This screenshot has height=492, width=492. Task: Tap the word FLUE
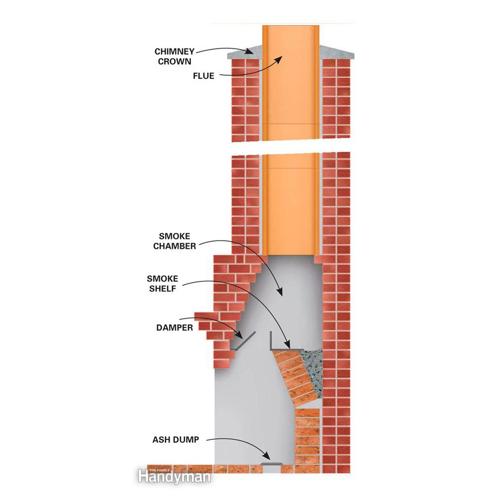pyautogui.click(x=203, y=76)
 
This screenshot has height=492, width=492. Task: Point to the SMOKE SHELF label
pyautogui.click(x=162, y=284)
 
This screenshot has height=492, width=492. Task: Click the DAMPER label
pyautogui.click(x=174, y=328)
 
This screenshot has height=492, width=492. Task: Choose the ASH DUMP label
pyautogui.click(x=175, y=440)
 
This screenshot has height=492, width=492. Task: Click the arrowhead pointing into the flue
pyautogui.click(x=279, y=59)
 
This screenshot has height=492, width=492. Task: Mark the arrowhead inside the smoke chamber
pyautogui.click(x=280, y=292)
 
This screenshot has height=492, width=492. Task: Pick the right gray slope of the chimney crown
pyautogui.click(x=336, y=51)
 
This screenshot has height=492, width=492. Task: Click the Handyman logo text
pyautogui.click(x=174, y=477)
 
